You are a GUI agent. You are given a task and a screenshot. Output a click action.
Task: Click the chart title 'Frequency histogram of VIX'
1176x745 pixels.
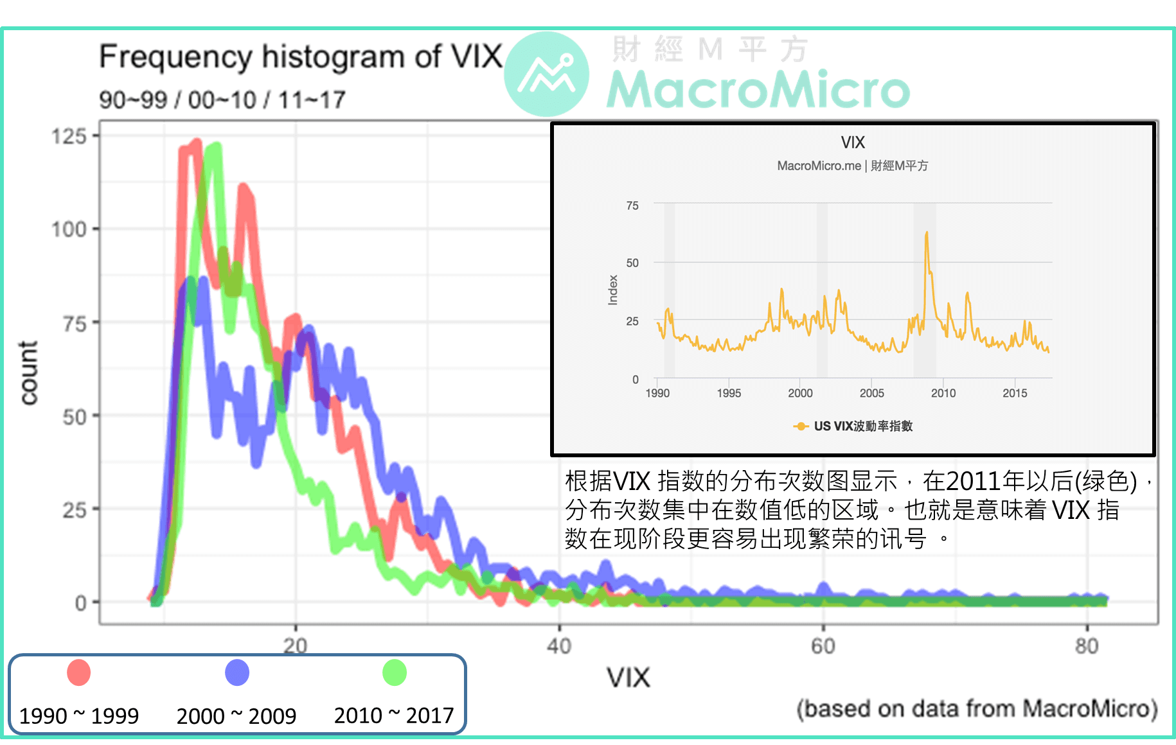300,57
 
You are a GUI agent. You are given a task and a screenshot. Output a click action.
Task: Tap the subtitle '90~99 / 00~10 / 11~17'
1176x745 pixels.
222,100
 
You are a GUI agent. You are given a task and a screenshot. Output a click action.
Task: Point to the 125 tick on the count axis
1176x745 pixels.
69,136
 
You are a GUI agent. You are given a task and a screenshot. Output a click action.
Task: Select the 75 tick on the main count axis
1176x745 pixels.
74,324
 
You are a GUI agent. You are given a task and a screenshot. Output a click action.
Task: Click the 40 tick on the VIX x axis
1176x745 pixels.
558,645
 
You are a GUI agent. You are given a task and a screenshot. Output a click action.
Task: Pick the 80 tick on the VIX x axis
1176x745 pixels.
1087,645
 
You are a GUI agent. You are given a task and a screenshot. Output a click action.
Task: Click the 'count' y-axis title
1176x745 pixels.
29,372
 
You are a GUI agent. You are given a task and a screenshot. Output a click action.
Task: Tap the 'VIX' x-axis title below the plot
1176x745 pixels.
628,678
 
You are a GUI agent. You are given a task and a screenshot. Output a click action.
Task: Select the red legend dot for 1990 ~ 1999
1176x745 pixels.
79,672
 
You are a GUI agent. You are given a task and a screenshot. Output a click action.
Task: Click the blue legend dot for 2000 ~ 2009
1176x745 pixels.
236,672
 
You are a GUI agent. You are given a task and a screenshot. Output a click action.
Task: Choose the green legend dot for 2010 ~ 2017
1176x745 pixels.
394,672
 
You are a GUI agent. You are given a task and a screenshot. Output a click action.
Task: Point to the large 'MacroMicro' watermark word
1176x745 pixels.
758,90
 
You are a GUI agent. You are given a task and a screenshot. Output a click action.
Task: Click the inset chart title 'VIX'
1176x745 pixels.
852,142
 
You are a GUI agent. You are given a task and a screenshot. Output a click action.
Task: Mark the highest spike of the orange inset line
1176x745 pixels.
926,234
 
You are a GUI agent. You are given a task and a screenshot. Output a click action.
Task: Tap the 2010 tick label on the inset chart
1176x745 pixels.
943,393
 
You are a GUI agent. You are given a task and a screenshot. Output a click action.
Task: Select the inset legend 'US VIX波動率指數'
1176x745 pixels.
862,426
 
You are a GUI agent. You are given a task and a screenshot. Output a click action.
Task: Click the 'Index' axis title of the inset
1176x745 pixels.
613,290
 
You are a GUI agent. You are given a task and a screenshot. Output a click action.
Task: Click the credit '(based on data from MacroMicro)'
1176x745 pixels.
977,709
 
